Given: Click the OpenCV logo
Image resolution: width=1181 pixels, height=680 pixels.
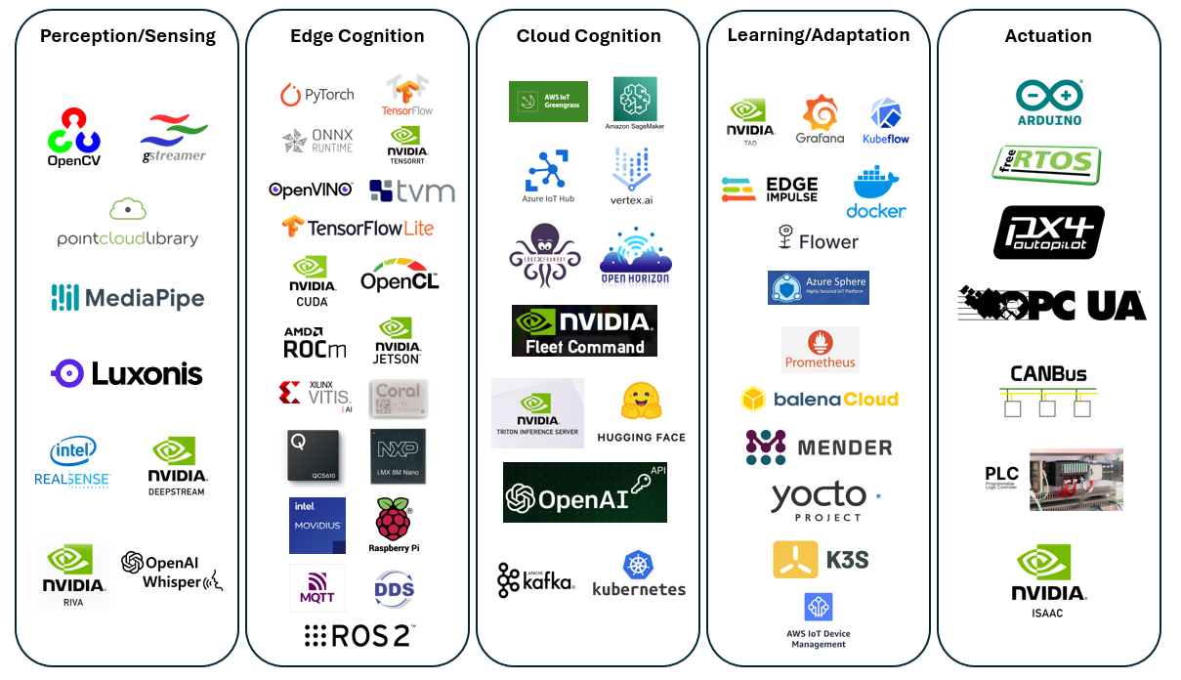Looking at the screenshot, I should point(74,137).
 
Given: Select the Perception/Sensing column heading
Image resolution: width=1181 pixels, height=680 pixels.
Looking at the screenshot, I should point(128,36).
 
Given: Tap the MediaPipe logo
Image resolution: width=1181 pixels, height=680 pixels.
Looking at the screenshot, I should point(128,297).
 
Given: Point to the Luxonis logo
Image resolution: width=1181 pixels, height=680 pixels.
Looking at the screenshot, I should point(127,373).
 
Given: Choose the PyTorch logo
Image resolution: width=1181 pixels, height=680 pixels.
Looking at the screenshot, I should point(316,95).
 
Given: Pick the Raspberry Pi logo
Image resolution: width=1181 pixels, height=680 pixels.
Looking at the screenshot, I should point(395,525).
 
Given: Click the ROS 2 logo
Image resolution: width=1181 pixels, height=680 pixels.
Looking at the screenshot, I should point(359,635).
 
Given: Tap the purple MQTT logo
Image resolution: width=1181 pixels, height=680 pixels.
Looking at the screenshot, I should point(316,587).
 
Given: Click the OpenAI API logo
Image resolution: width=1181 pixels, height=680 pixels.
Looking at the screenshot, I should point(584,492).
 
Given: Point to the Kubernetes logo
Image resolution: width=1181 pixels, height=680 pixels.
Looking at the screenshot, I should point(639,574).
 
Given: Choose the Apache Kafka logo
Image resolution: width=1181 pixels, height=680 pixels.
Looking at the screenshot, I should point(535,579).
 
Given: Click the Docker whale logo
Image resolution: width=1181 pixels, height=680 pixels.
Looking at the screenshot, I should point(876,192).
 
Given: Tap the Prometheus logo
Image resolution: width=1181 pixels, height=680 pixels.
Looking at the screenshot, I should point(821,349).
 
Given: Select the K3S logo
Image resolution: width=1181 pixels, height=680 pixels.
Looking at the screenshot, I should point(821,560).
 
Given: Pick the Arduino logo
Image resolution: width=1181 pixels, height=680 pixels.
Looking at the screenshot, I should point(1049,102).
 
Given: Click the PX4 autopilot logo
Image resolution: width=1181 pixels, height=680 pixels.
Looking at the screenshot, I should point(1049,233).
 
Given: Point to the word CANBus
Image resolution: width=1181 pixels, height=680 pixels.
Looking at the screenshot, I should point(1048,373).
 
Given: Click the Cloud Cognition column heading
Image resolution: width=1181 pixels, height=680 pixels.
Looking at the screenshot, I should point(588,36).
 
